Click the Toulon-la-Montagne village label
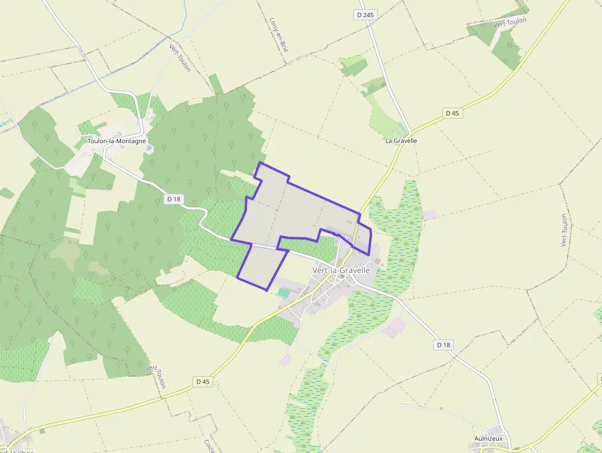pyautogui.click(x=117, y=141)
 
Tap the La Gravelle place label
pyautogui.click(x=401, y=141)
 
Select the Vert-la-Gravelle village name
pyautogui.click(x=341, y=270)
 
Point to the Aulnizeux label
pyautogui.click(x=488, y=438)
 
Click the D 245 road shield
pyautogui.click(x=364, y=14)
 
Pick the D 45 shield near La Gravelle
pyautogui.click(x=452, y=113)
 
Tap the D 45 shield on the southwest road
pyautogui.click(x=203, y=382)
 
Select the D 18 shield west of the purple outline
pyautogui.click(x=174, y=199)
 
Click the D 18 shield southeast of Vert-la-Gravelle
pyautogui.click(x=444, y=345)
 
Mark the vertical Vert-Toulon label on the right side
pyautogui.click(x=563, y=230)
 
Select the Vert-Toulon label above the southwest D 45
pyautogui.click(x=156, y=376)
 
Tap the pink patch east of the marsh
pyautogui.click(x=430, y=215)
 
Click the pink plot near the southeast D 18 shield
pyautogui.click(x=396, y=326)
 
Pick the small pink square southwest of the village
pyautogui.click(x=285, y=360)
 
